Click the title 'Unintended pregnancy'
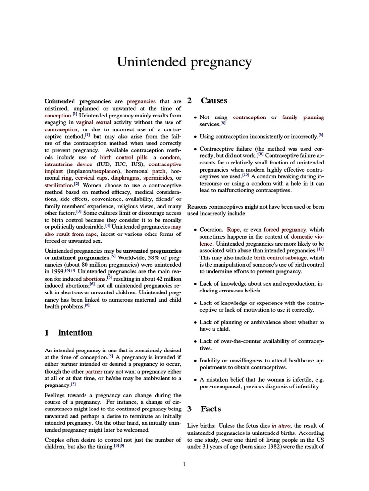coord(184,62)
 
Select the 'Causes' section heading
coord(214,101)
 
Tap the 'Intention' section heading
coord(75,332)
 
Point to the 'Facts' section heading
coord(210,409)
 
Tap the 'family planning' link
coord(303,117)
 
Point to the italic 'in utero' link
coord(281,426)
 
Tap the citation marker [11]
coord(320,249)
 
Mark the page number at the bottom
coord(184,464)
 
